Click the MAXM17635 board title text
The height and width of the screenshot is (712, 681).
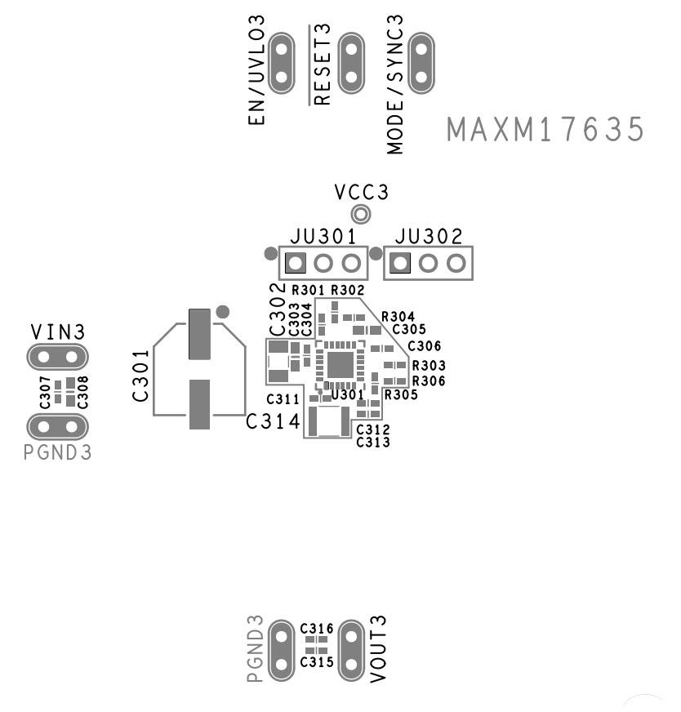pyautogui.click(x=545, y=130)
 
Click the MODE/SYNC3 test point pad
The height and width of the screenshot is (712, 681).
pyautogui.click(x=421, y=62)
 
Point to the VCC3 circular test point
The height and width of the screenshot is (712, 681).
pyautogui.click(x=359, y=215)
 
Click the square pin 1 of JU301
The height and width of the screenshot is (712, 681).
pyautogui.click(x=295, y=263)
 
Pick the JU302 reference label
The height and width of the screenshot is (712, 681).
pyautogui.click(x=429, y=237)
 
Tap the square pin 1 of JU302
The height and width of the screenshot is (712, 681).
pyautogui.click(x=399, y=263)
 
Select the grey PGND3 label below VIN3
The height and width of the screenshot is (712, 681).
pyautogui.click(x=58, y=452)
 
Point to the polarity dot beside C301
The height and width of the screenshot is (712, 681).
pyautogui.click(x=222, y=312)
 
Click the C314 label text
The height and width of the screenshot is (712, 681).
pyautogui.click(x=273, y=422)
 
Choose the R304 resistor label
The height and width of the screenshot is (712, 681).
pyautogui.click(x=398, y=316)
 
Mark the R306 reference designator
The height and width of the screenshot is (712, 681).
pyautogui.click(x=429, y=380)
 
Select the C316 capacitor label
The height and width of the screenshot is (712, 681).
pyautogui.click(x=316, y=629)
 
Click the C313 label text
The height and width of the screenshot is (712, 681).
pyautogui.click(x=372, y=442)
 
